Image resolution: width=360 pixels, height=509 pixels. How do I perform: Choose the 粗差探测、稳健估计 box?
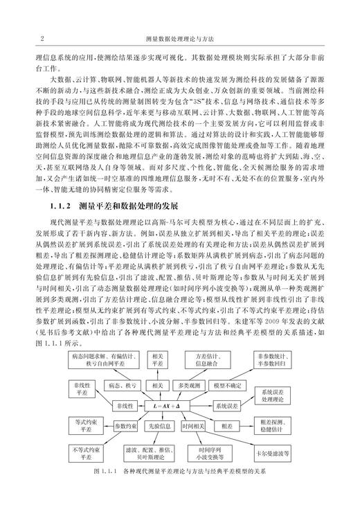275,424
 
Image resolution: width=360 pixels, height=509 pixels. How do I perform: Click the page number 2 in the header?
44,39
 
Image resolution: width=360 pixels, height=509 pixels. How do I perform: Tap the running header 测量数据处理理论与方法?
180,39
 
